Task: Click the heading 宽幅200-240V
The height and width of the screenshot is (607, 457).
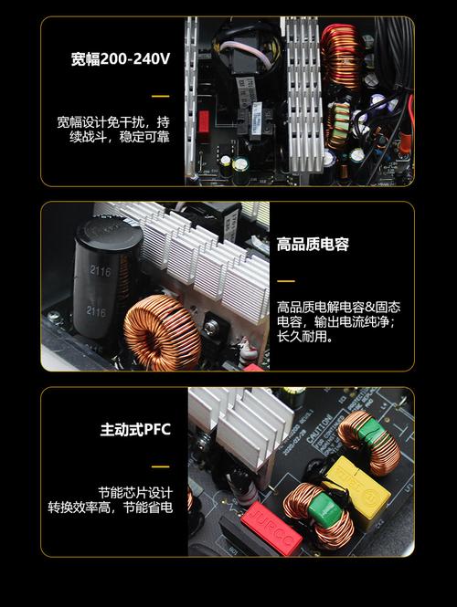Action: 120,60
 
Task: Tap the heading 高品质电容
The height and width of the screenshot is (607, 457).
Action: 313,245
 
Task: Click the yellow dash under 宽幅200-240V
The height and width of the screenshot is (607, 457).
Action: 160,95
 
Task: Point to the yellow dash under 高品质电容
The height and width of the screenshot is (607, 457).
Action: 286,280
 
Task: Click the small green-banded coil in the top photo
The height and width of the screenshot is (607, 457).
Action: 340,120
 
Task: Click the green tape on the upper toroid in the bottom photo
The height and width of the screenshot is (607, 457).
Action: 358,427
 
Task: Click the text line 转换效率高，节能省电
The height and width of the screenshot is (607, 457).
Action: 111,508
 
